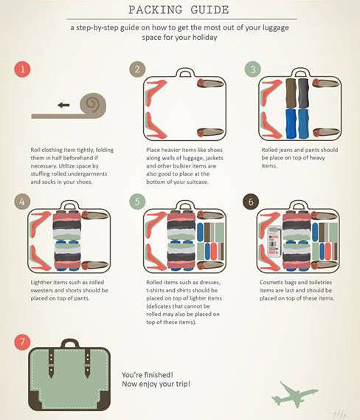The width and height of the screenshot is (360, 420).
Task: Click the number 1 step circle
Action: pyautogui.click(x=22, y=69)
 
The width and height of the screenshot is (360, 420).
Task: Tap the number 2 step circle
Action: pyautogui.click(x=137, y=69)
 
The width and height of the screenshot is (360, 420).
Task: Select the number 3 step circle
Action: pyautogui.click(x=253, y=69)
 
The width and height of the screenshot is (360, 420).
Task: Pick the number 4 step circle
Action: pyautogui.click(x=22, y=202)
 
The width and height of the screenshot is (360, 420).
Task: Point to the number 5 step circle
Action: pyautogui.click(x=137, y=202)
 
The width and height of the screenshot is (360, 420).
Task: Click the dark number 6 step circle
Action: pyautogui.click(x=251, y=202)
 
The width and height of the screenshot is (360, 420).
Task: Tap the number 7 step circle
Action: pyautogui.click(x=22, y=342)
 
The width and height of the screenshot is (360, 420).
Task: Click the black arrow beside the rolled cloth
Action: pyautogui.click(x=63, y=105)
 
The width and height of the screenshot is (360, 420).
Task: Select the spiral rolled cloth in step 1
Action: pyautogui.click(x=93, y=106)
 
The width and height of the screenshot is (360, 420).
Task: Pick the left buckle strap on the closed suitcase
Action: pyautogui.click(x=51, y=363)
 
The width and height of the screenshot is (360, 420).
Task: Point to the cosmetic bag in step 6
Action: pyautogui.click(x=274, y=242)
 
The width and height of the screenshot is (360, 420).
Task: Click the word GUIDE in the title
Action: pyautogui.click(x=210, y=10)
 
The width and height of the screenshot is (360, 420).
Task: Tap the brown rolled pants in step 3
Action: pyautogui.click(x=291, y=93)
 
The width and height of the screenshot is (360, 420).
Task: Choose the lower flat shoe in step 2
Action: pyautogui.click(x=210, y=132)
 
